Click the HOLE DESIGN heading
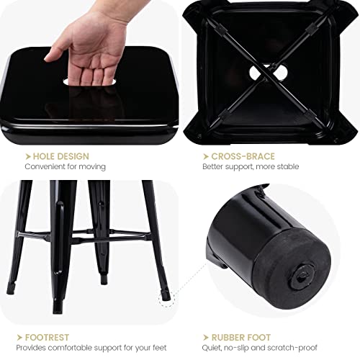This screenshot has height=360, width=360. pyautogui.click(x=59, y=156)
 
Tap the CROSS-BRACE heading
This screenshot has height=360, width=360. pyautogui.click(x=244, y=156)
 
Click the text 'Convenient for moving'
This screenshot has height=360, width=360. pyautogui.click(x=65, y=167)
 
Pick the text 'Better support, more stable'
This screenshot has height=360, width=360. pyautogui.click(x=251, y=167)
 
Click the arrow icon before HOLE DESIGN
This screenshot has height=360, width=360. pyautogui.click(x=27, y=156)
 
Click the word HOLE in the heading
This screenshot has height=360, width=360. pyautogui.click(x=44, y=156)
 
